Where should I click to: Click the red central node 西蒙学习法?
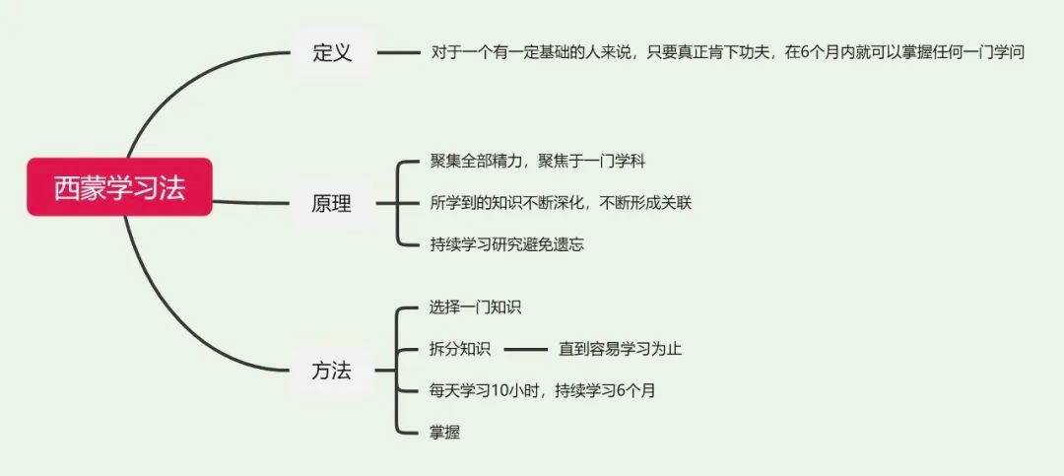coord(119,187)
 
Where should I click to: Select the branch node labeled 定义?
coord(332,52)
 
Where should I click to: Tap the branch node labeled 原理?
coord(332,204)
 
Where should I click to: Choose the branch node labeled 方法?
coord(332,372)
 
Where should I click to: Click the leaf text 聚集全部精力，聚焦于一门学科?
coord(537,160)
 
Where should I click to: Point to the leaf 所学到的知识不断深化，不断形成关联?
coord(562,203)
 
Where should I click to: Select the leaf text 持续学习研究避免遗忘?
coord(507,244)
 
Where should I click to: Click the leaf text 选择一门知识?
coord(476,306)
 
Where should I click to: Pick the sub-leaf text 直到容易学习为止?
coord(620,349)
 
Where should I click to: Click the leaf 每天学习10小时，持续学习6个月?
coord(543,390)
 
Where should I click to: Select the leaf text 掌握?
coord(445,432)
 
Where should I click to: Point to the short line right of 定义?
coord(399,53)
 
